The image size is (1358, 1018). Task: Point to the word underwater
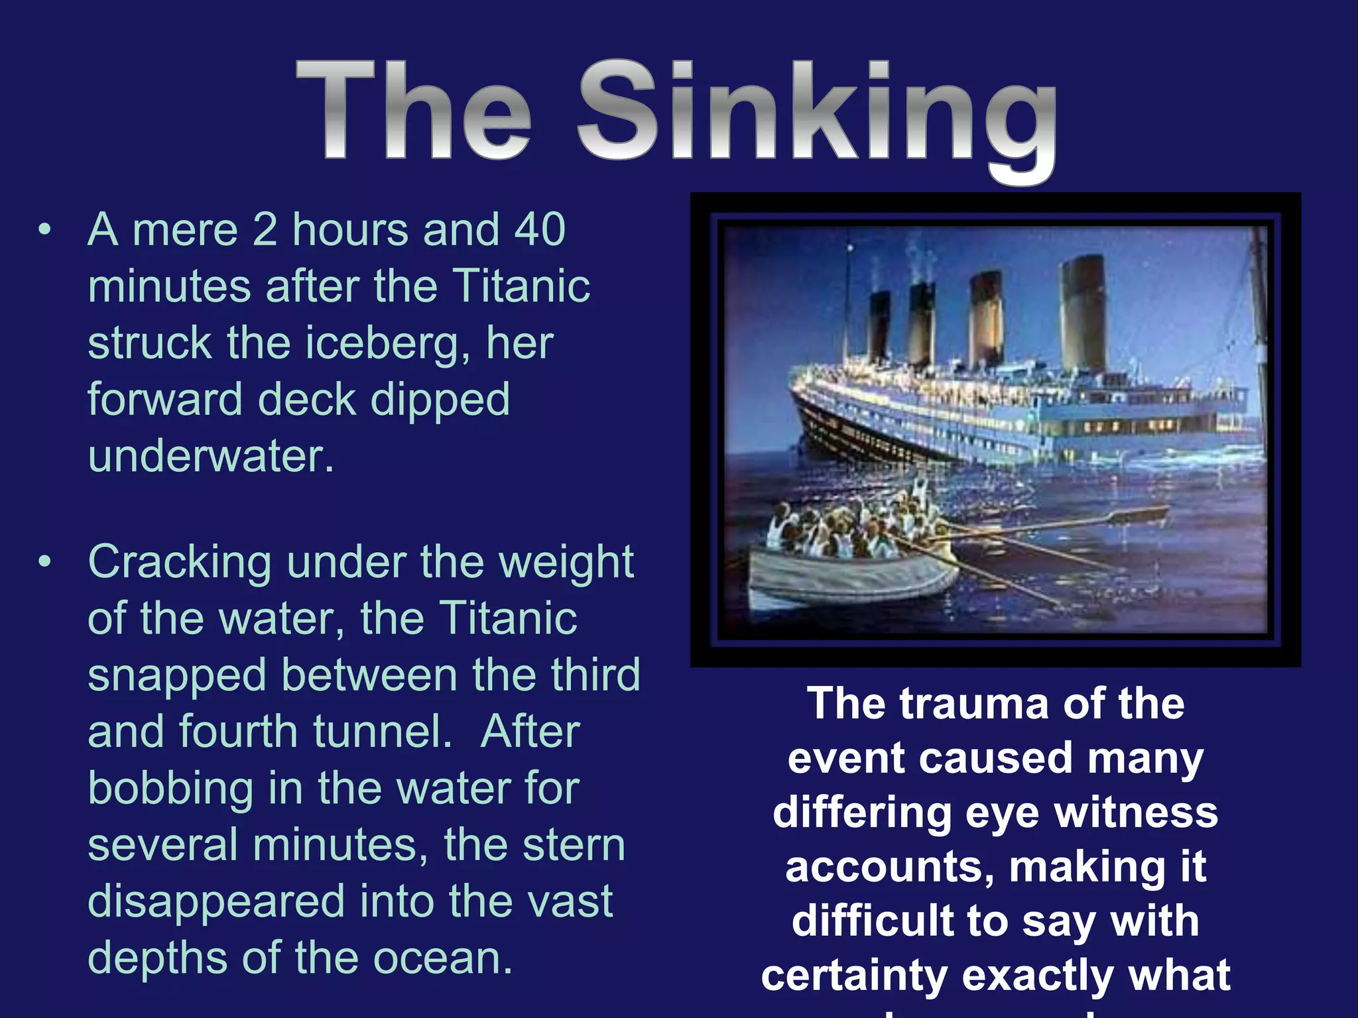click(211, 457)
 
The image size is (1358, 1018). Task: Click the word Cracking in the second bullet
click(179, 563)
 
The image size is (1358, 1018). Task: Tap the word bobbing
click(170, 789)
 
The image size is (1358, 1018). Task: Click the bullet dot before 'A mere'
click(44, 231)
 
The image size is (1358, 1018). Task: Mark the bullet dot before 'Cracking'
click(44, 563)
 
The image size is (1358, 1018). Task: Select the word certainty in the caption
click(855, 976)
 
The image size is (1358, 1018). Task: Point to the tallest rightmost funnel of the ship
click(1083, 311)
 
